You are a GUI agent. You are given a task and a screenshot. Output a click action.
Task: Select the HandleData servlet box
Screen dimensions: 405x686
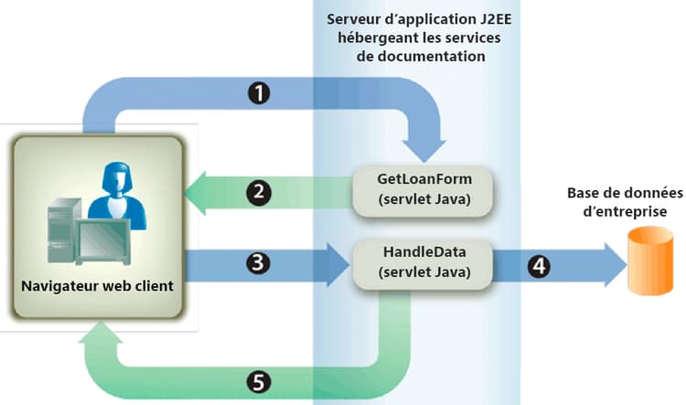423,261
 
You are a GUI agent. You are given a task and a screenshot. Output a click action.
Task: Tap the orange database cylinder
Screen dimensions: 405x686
646,263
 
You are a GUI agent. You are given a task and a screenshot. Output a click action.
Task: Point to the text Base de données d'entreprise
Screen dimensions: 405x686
624,202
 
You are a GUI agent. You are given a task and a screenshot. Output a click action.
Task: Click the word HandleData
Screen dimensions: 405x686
423,251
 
